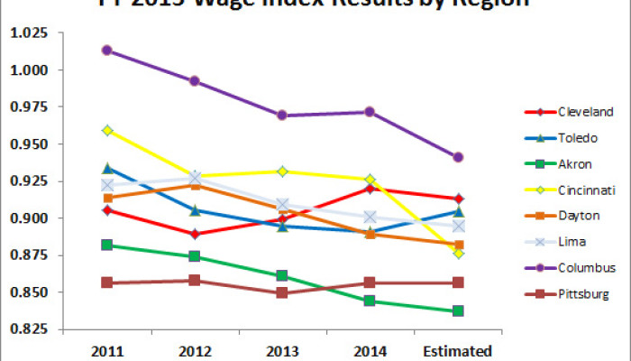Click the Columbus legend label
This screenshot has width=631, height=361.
[586, 268]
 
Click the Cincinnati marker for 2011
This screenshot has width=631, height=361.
[107, 131]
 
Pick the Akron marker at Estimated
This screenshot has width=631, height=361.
[458, 311]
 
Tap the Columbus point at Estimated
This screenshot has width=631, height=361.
[458, 157]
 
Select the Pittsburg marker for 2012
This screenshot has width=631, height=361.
[195, 281]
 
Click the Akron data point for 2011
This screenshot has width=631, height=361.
[107, 245]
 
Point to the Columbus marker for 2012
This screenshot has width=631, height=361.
[195, 81]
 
